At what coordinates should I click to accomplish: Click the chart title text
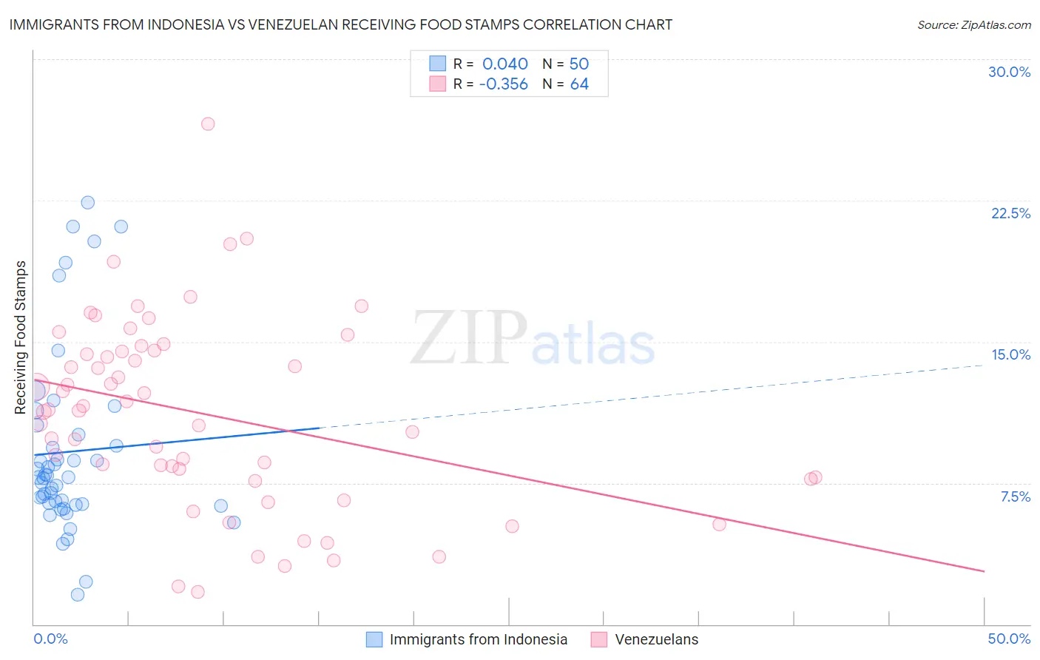point(341,24)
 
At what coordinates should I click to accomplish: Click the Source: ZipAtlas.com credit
point(973,25)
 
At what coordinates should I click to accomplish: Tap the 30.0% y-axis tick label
point(1009,72)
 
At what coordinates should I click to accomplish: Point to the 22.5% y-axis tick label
point(1010,213)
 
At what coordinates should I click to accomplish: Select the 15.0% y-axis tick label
point(1010,354)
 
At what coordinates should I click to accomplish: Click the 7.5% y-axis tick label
point(1015,496)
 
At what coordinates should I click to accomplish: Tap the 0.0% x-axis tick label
point(50,639)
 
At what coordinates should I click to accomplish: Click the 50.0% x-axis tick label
point(1009,639)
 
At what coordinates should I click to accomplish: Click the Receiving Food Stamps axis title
point(21,337)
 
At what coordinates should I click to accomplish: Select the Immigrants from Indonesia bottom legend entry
point(478,639)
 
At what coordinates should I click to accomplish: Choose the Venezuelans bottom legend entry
point(656,639)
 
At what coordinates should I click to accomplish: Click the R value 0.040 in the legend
point(505,64)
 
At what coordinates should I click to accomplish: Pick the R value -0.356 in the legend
point(504,84)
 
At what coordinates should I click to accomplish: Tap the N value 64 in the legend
point(579,84)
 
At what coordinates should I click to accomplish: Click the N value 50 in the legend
point(579,64)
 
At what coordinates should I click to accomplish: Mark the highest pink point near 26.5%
point(208,124)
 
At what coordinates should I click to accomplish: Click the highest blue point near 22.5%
point(87,202)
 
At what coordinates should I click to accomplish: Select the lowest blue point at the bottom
point(78,594)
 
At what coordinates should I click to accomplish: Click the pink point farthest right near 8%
point(815,477)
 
